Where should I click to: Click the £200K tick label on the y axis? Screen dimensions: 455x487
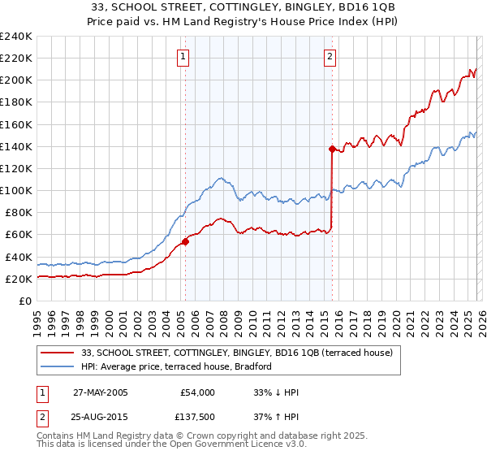15,80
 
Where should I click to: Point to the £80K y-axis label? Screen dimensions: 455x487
18,213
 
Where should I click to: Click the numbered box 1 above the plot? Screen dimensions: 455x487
184,57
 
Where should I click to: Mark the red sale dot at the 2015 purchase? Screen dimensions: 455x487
332,149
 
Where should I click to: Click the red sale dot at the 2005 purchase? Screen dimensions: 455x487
185,240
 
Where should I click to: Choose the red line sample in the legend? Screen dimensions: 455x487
58,353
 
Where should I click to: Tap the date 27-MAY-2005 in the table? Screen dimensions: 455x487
100,392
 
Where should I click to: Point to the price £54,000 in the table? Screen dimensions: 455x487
198,392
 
